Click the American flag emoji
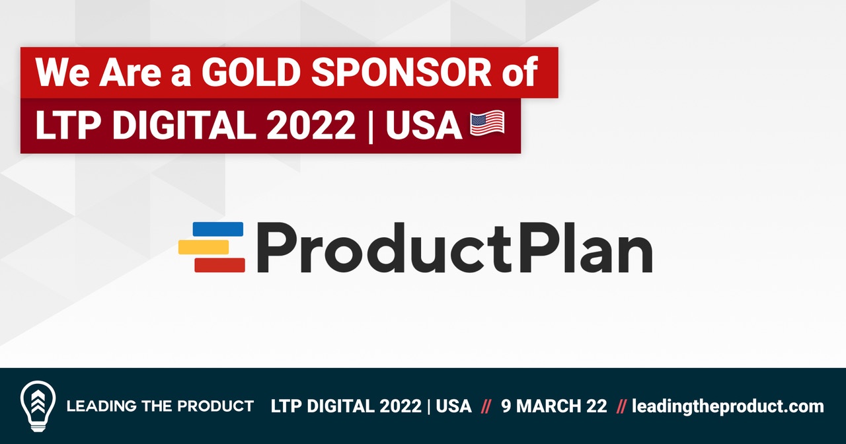click(487, 124)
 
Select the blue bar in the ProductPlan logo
click(218, 229)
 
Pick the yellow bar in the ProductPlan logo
click(204, 247)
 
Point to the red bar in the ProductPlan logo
click(219, 265)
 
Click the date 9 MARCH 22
click(554, 406)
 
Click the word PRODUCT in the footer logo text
click(219, 406)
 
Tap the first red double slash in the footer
click(486, 406)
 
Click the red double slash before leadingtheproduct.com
click(621, 406)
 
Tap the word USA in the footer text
click(455, 406)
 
